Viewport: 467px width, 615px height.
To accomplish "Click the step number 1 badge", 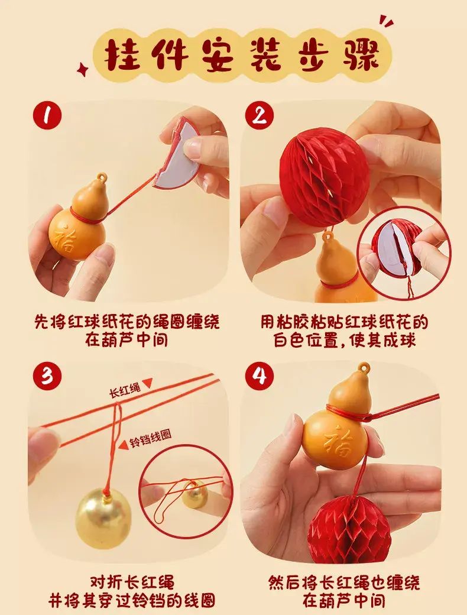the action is [x=47, y=116].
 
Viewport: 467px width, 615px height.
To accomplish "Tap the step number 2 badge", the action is [x=260, y=116].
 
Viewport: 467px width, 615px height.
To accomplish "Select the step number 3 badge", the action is [x=47, y=376].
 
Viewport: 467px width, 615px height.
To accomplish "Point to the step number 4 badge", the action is [x=260, y=376].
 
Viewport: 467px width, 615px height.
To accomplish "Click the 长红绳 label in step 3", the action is [x=125, y=390].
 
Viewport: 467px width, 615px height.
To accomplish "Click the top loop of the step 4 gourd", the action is [x=364, y=368].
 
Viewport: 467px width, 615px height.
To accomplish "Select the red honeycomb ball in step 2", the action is [x=324, y=177].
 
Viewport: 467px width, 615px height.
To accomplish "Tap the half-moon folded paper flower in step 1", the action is [x=175, y=151].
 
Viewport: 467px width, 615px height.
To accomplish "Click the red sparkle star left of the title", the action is [x=83, y=70].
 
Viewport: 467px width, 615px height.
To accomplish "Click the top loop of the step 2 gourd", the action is [x=327, y=237].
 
